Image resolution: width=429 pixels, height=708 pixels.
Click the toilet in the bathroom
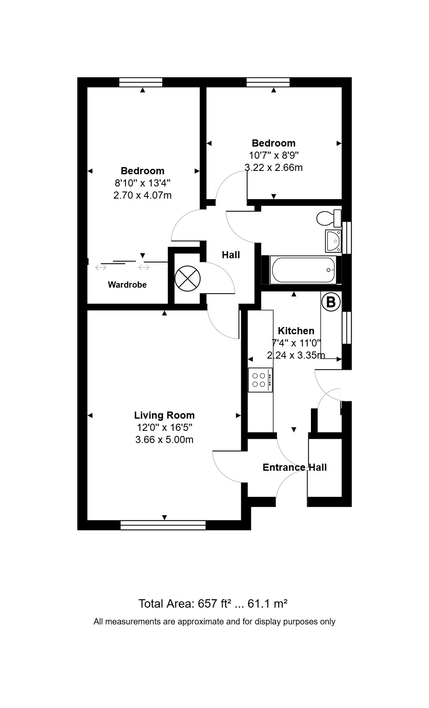pos(329,218)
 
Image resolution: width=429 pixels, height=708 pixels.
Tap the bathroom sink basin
pos(333,241)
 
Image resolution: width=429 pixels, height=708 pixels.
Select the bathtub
pos(303,270)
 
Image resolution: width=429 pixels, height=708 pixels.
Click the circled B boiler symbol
pos(331,302)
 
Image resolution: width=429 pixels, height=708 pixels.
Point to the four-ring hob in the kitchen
pos(261,380)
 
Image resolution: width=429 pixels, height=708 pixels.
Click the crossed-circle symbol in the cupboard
pos(187,278)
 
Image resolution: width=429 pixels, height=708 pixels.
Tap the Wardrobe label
pos(127,285)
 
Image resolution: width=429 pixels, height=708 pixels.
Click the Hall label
pos(231,255)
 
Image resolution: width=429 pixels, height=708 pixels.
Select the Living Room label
pos(164,415)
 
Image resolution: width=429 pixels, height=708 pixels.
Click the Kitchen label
pos(296,330)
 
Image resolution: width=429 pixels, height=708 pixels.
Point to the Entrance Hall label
pos(295,467)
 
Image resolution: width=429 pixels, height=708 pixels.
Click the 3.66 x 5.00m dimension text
pos(164,440)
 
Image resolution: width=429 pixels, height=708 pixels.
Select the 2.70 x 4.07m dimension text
pos(142,195)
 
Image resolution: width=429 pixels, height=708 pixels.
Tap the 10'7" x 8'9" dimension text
pos(274,155)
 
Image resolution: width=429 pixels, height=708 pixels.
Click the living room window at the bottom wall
pos(163,525)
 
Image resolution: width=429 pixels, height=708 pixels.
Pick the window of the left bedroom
pos(141,82)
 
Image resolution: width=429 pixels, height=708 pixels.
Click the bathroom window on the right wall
pos(347,238)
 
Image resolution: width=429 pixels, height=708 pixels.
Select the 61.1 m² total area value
pos(267,604)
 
